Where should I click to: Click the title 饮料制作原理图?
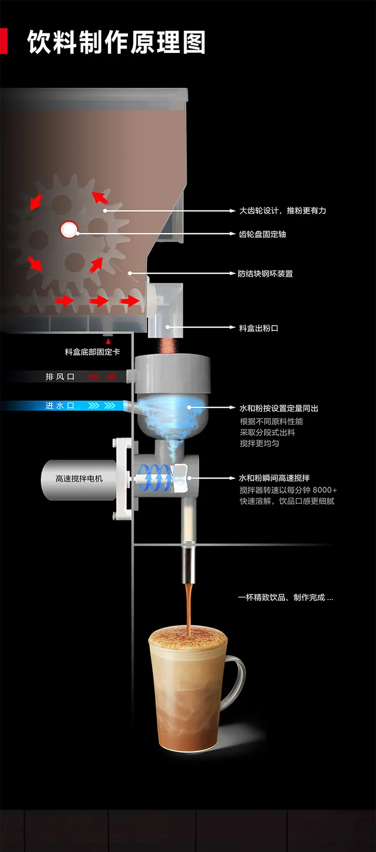click(x=117, y=42)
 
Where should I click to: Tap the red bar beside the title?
click(x=3, y=41)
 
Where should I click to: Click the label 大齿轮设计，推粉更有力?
click(x=282, y=210)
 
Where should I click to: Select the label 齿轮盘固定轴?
click(x=262, y=234)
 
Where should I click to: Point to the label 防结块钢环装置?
click(x=266, y=273)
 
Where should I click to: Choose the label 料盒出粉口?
click(x=258, y=328)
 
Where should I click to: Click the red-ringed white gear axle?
click(x=69, y=230)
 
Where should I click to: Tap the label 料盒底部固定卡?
click(x=92, y=352)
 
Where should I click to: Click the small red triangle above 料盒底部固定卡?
click(x=108, y=341)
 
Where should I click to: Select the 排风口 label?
click(x=60, y=377)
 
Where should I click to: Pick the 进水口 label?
click(x=59, y=406)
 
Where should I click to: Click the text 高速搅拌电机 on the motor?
click(x=79, y=479)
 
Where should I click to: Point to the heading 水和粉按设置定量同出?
click(x=279, y=408)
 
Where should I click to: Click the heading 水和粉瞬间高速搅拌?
click(x=275, y=478)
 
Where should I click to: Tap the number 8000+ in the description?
click(x=325, y=490)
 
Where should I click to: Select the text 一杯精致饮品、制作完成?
click(x=281, y=597)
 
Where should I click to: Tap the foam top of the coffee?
click(x=188, y=636)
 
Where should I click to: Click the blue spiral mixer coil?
click(x=154, y=478)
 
